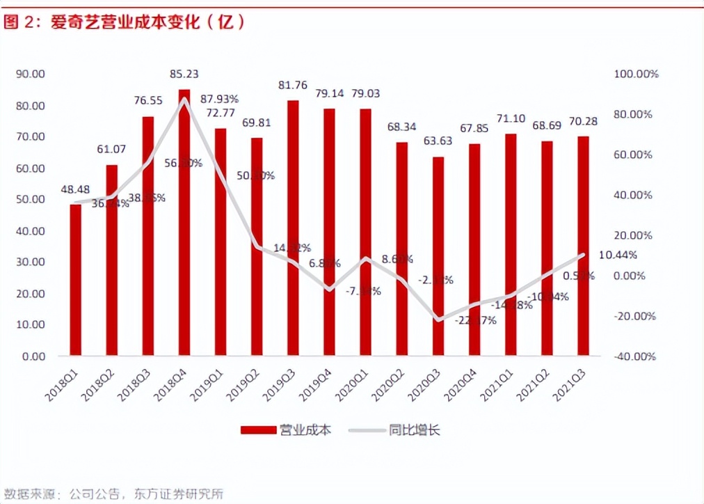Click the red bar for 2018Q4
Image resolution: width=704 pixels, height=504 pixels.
pos(184,223)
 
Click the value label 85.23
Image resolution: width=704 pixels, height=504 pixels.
pos(184,74)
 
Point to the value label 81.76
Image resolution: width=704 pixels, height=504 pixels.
pos(293,86)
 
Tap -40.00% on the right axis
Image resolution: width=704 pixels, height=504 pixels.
pos(634,356)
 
